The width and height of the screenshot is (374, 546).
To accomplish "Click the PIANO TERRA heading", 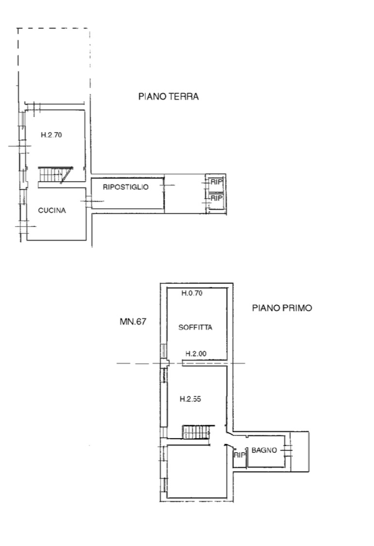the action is (x=169, y=96).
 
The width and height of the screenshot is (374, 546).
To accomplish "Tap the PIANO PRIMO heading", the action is (x=282, y=308).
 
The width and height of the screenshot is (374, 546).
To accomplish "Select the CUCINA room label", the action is (x=52, y=210).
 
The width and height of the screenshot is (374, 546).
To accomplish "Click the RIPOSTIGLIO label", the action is (x=126, y=187).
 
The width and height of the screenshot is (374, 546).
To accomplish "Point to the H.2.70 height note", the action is (x=51, y=135).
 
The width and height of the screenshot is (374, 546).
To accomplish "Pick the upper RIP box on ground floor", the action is (x=216, y=182).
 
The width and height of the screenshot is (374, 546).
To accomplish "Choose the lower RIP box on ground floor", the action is (x=216, y=198).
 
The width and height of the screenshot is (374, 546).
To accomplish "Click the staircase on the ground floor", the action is (x=55, y=174).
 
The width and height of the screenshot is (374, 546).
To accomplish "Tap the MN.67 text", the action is (x=133, y=322).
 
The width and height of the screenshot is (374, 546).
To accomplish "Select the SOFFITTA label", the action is (x=195, y=327).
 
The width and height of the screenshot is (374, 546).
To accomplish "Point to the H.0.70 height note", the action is (x=192, y=293).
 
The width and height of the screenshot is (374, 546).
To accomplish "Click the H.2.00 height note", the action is (x=196, y=354).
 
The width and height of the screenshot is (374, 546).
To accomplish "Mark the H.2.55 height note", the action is (x=190, y=399).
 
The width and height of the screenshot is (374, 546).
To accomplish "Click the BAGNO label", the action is (x=264, y=450).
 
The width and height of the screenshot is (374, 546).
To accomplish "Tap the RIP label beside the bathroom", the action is (x=239, y=455).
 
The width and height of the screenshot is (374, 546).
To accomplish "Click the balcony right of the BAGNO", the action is (x=300, y=452).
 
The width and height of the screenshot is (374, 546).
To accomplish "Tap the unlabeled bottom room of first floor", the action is (x=197, y=471).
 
